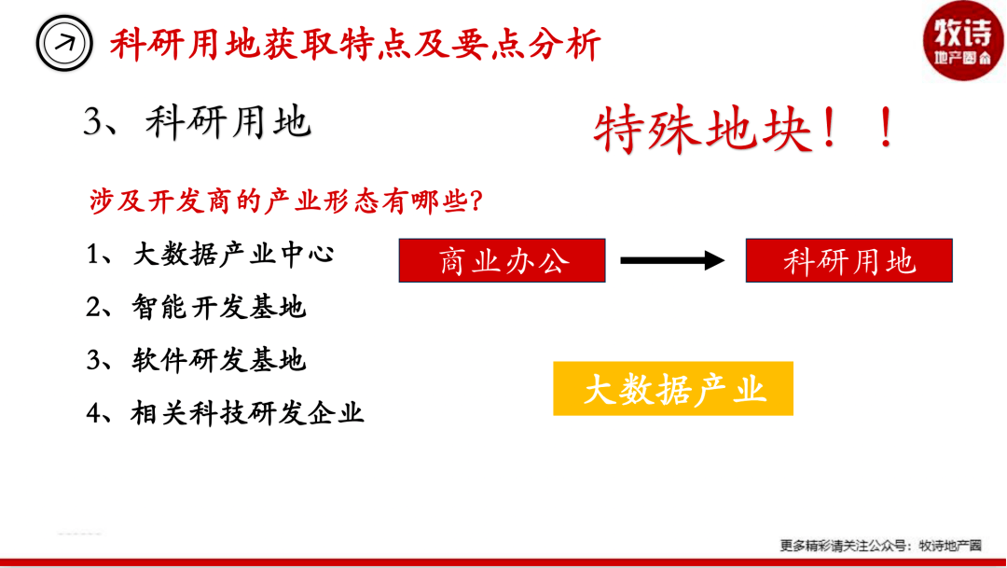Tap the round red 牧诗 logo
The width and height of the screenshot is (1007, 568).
click(962, 40)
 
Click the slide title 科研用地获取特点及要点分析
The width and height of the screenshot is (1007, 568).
click(355, 45)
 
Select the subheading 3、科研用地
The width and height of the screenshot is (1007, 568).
click(197, 121)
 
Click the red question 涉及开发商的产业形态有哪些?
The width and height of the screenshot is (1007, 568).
click(286, 201)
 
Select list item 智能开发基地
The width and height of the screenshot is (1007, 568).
click(219, 307)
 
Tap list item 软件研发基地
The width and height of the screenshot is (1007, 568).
click(219, 360)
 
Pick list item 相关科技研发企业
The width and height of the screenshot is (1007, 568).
click(248, 412)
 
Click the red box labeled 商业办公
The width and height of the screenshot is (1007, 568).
click(503, 260)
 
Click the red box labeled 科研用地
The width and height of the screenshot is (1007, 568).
click(849, 260)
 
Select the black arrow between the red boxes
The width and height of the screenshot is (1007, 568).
click(672, 260)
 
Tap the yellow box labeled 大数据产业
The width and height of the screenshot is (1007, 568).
click(673, 389)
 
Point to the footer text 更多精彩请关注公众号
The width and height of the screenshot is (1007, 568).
click(843, 546)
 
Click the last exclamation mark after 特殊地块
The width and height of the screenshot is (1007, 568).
click(887, 127)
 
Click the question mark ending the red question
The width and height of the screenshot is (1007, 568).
click(476, 201)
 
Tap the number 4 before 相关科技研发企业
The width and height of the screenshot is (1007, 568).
click(94, 413)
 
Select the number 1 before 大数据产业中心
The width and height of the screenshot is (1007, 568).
click(94, 255)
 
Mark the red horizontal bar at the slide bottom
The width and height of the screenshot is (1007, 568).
click(504, 562)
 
